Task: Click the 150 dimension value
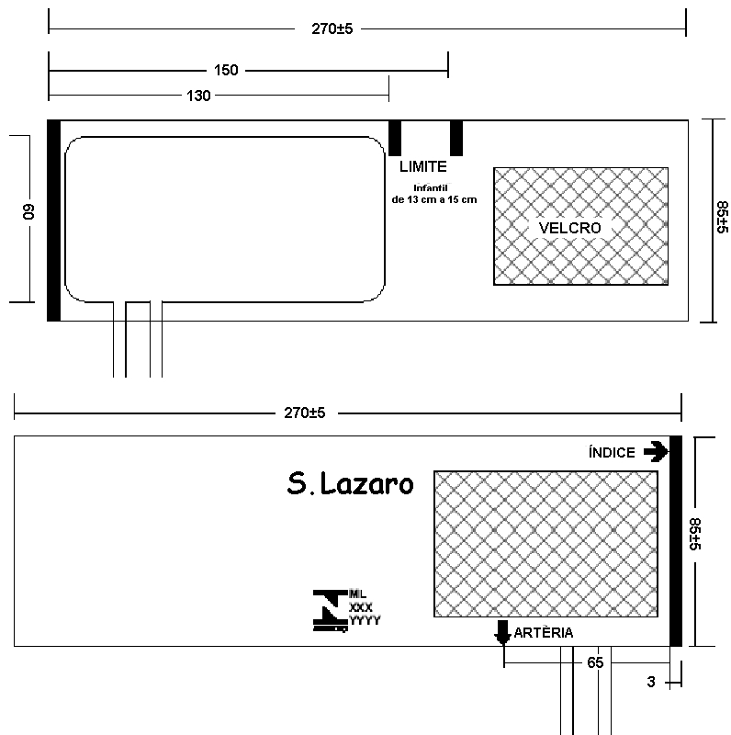(x=226, y=71)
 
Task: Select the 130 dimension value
(x=198, y=96)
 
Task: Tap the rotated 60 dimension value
(x=28, y=212)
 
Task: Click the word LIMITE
(x=423, y=166)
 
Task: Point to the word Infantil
(x=431, y=188)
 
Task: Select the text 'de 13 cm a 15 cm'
(x=433, y=199)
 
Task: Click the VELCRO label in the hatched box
(x=569, y=228)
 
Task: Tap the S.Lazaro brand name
(x=350, y=484)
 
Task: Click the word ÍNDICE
(x=612, y=452)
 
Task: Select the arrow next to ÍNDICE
(x=656, y=452)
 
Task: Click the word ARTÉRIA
(x=544, y=633)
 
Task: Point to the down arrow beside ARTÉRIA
(x=503, y=632)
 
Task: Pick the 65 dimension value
(x=595, y=662)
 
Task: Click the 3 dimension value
(x=651, y=682)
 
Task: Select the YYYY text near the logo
(x=365, y=621)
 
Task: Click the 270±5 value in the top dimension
(x=332, y=29)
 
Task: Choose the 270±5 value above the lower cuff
(x=305, y=413)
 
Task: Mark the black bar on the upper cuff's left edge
(x=54, y=220)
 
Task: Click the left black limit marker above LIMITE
(x=395, y=138)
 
